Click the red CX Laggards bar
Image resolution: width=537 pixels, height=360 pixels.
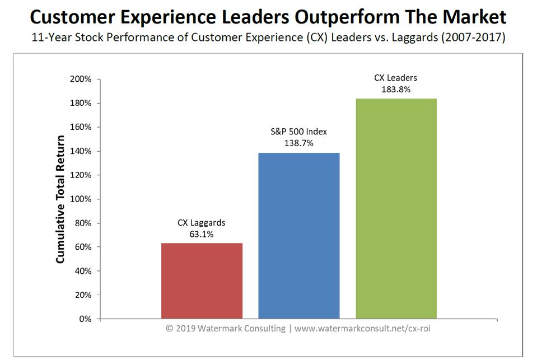click(x=202, y=280)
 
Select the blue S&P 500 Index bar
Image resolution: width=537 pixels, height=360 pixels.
click(x=298, y=235)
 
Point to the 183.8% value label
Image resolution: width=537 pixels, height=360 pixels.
click(x=396, y=89)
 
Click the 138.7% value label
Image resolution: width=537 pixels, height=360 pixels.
click(x=298, y=143)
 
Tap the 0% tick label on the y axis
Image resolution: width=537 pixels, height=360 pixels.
click(x=85, y=319)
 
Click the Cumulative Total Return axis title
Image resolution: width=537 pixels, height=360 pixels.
click(x=60, y=199)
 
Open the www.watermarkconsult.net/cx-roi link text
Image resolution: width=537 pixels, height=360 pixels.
click(x=362, y=329)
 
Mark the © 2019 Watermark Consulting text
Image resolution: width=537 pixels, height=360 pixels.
click(x=225, y=329)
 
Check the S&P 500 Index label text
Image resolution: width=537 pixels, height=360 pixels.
click(x=298, y=132)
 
